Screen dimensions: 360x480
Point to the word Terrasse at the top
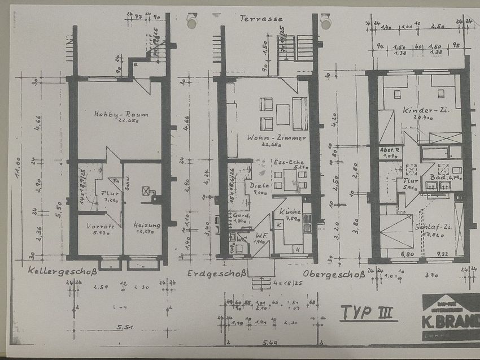[x=261, y=19]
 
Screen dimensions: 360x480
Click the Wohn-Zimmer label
[x=269, y=137]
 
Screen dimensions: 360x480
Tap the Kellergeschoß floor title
[x=63, y=272]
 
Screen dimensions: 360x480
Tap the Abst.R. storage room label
[x=389, y=151]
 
